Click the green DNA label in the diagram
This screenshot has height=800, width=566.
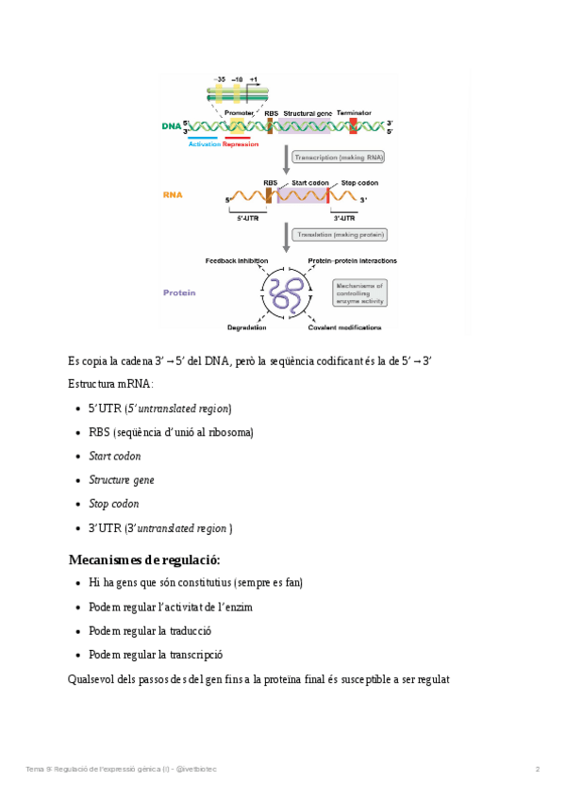click(x=171, y=125)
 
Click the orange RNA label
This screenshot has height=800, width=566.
click(x=173, y=195)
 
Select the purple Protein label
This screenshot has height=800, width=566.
click(x=179, y=292)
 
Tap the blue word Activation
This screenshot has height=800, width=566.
click(x=204, y=144)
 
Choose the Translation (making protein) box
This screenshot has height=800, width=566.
click(x=341, y=234)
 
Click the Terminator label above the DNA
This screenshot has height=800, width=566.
click(x=354, y=112)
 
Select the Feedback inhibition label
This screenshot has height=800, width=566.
click(x=237, y=260)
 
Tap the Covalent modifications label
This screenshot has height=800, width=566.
click(x=344, y=327)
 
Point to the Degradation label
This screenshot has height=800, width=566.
click(x=246, y=327)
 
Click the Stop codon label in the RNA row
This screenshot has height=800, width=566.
click(x=359, y=182)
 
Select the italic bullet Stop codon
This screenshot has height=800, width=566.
click(x=113, y=504)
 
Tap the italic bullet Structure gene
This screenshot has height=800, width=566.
click(x=121, y=480)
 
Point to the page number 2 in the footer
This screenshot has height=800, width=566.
click(x=538, y=769)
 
